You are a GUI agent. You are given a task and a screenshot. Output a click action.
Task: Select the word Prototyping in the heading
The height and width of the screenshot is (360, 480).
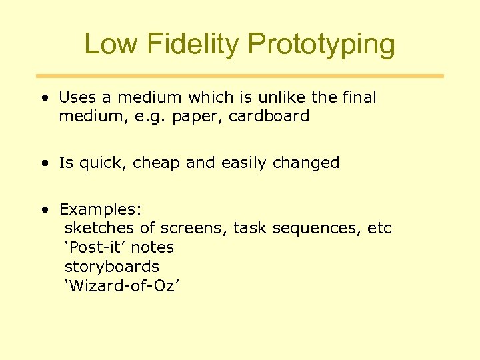click(x=321, y=45)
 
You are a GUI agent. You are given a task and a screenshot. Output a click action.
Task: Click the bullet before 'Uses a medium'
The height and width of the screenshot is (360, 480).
click(x=44, y=98)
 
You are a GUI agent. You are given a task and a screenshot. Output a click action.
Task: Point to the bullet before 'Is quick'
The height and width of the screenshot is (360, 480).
click(x=44, y=163)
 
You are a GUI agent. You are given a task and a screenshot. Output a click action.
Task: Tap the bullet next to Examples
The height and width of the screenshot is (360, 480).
click(x=44, y=210)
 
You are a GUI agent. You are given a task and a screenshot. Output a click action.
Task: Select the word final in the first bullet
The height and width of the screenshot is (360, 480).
click(x=359, y=97)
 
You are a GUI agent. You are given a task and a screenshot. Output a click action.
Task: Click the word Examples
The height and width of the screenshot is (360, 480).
click(x=100, y=210)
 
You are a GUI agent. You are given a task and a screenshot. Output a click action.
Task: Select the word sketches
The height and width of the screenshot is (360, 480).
click(x=99, y=229)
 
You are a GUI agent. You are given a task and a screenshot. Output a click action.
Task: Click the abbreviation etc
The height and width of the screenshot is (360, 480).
click(x=380, y=229)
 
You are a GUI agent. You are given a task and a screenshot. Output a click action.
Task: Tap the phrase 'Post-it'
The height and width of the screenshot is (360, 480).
click(x=95, y=247)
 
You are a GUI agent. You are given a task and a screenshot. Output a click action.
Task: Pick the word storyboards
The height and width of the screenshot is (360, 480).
click(x=111, y=267)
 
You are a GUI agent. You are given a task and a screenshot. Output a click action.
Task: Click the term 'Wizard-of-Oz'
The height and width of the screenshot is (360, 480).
click(x=123, y=286)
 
